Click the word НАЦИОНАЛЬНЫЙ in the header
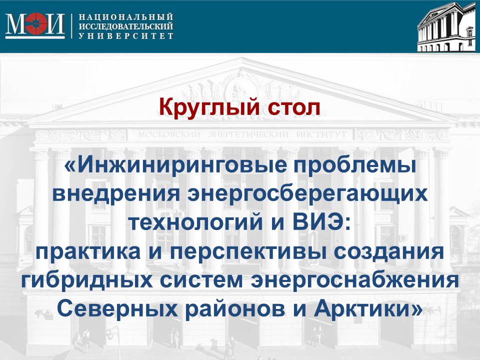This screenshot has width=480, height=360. tap(126, 16)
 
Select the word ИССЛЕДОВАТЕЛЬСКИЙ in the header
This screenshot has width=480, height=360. tap(126, 26)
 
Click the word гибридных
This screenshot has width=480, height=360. tap(87, 280)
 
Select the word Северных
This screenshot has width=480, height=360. tap(117, 309)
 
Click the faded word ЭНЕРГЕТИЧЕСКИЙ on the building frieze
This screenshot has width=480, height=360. tap(248, 134)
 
